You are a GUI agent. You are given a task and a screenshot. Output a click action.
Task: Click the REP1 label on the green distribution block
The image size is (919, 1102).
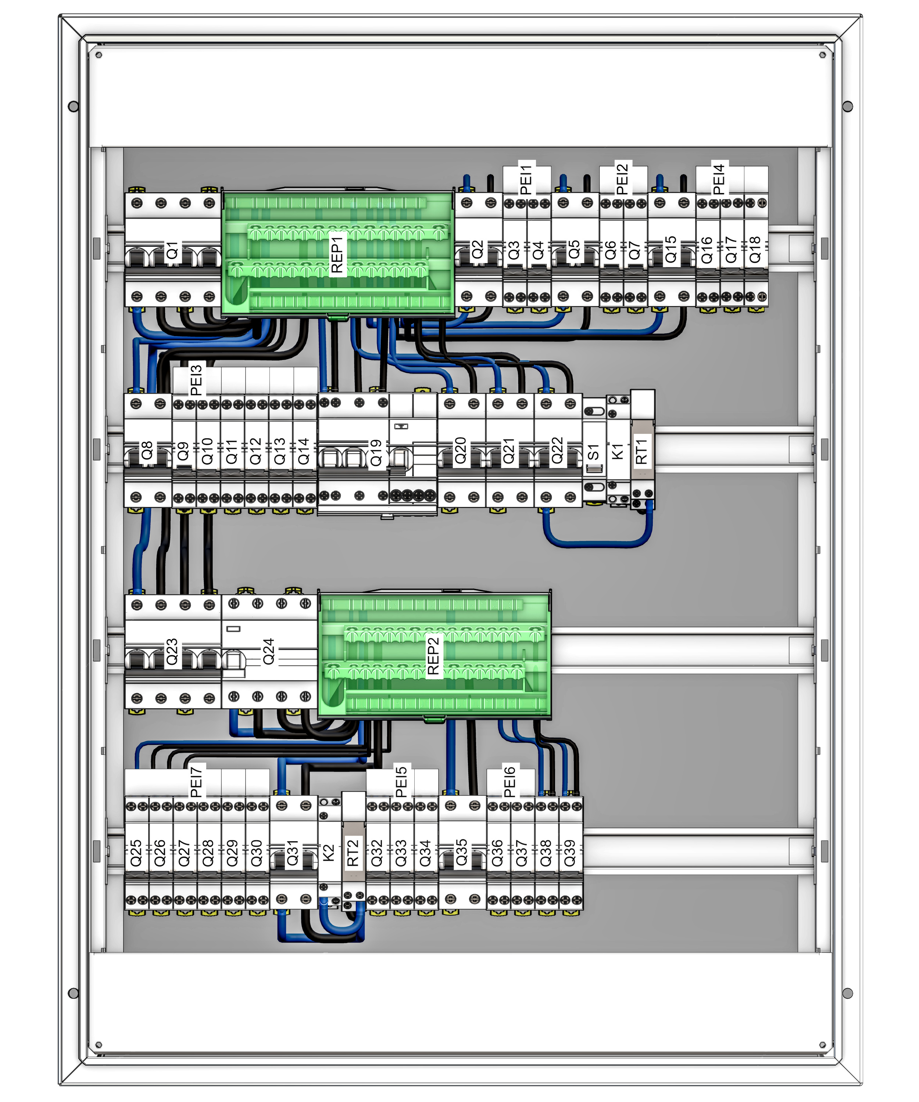click(x=337, y=254)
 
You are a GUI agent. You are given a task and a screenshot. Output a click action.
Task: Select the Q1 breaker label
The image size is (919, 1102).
click(x=172, y=251)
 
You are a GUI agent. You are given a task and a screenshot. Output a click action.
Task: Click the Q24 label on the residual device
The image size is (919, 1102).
click(x=268, y=651)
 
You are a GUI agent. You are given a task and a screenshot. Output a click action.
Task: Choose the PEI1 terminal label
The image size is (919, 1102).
click(x=526, y=179)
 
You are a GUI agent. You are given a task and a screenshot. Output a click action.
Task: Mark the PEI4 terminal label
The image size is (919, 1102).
click(x=718, y=179)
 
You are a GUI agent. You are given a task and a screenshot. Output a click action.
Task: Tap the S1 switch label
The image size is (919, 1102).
click(x=593, y=451)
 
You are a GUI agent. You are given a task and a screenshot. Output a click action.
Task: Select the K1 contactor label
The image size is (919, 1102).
click(x=618, y=451)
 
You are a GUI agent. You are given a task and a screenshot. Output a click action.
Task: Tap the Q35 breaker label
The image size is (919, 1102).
click(x=461, y=853)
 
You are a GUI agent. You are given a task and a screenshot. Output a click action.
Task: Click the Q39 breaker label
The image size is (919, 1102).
click(x=570, y=853)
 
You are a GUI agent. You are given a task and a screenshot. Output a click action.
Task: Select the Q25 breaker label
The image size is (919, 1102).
click(x=136, y=853)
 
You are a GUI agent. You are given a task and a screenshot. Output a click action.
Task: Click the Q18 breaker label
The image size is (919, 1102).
click(x=755, y=250)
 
